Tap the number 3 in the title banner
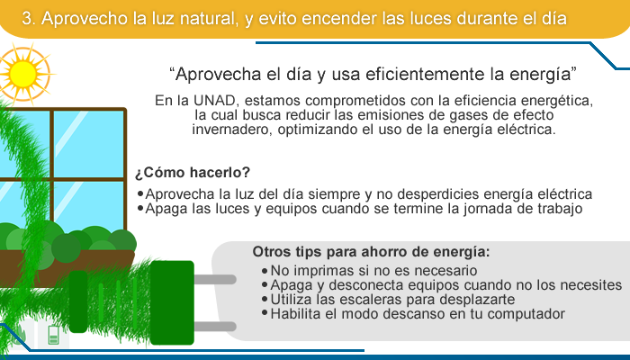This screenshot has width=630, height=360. (x=26, y=19)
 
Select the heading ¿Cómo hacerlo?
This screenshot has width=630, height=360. (x=193, y=173)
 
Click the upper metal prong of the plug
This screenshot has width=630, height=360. (x=215, y=279)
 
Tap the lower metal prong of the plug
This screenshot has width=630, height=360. (x=215, y=327)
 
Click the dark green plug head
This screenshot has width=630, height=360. (x=172, y=302)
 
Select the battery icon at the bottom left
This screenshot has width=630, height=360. (x=53, y=335)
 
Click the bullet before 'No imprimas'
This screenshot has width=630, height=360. (x=265, y=271)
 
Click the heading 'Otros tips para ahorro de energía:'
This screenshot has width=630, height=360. (x=371, y=252)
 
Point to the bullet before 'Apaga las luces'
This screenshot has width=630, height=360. (x=140, y=209)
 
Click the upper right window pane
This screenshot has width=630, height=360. (x=89, y=143)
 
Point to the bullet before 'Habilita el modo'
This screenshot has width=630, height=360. (x=265, y=312)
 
